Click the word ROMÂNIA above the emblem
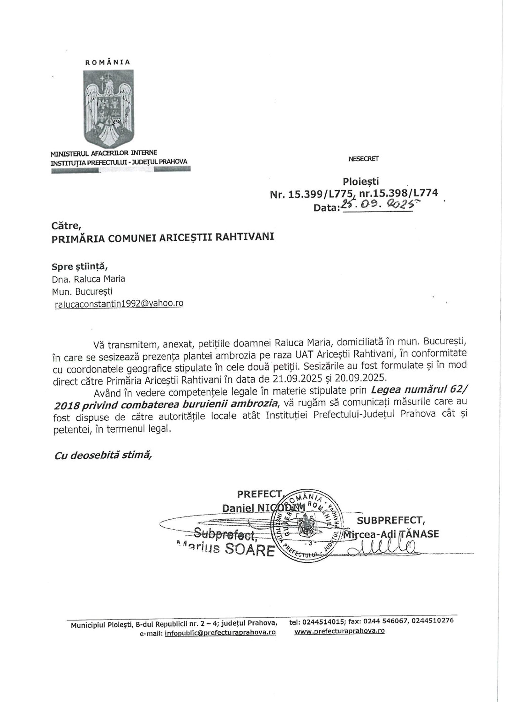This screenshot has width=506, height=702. coord(108,62)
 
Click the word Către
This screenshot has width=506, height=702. coord(64,226)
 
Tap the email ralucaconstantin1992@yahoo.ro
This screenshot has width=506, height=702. coord(119,303)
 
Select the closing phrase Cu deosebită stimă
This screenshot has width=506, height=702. coord(103,455)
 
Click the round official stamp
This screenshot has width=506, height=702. coord(305,525)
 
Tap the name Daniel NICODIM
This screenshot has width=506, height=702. coord(263,508)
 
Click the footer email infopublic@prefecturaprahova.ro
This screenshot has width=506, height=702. coord(220,633)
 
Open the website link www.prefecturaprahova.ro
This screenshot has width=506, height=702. coord(339,631)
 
